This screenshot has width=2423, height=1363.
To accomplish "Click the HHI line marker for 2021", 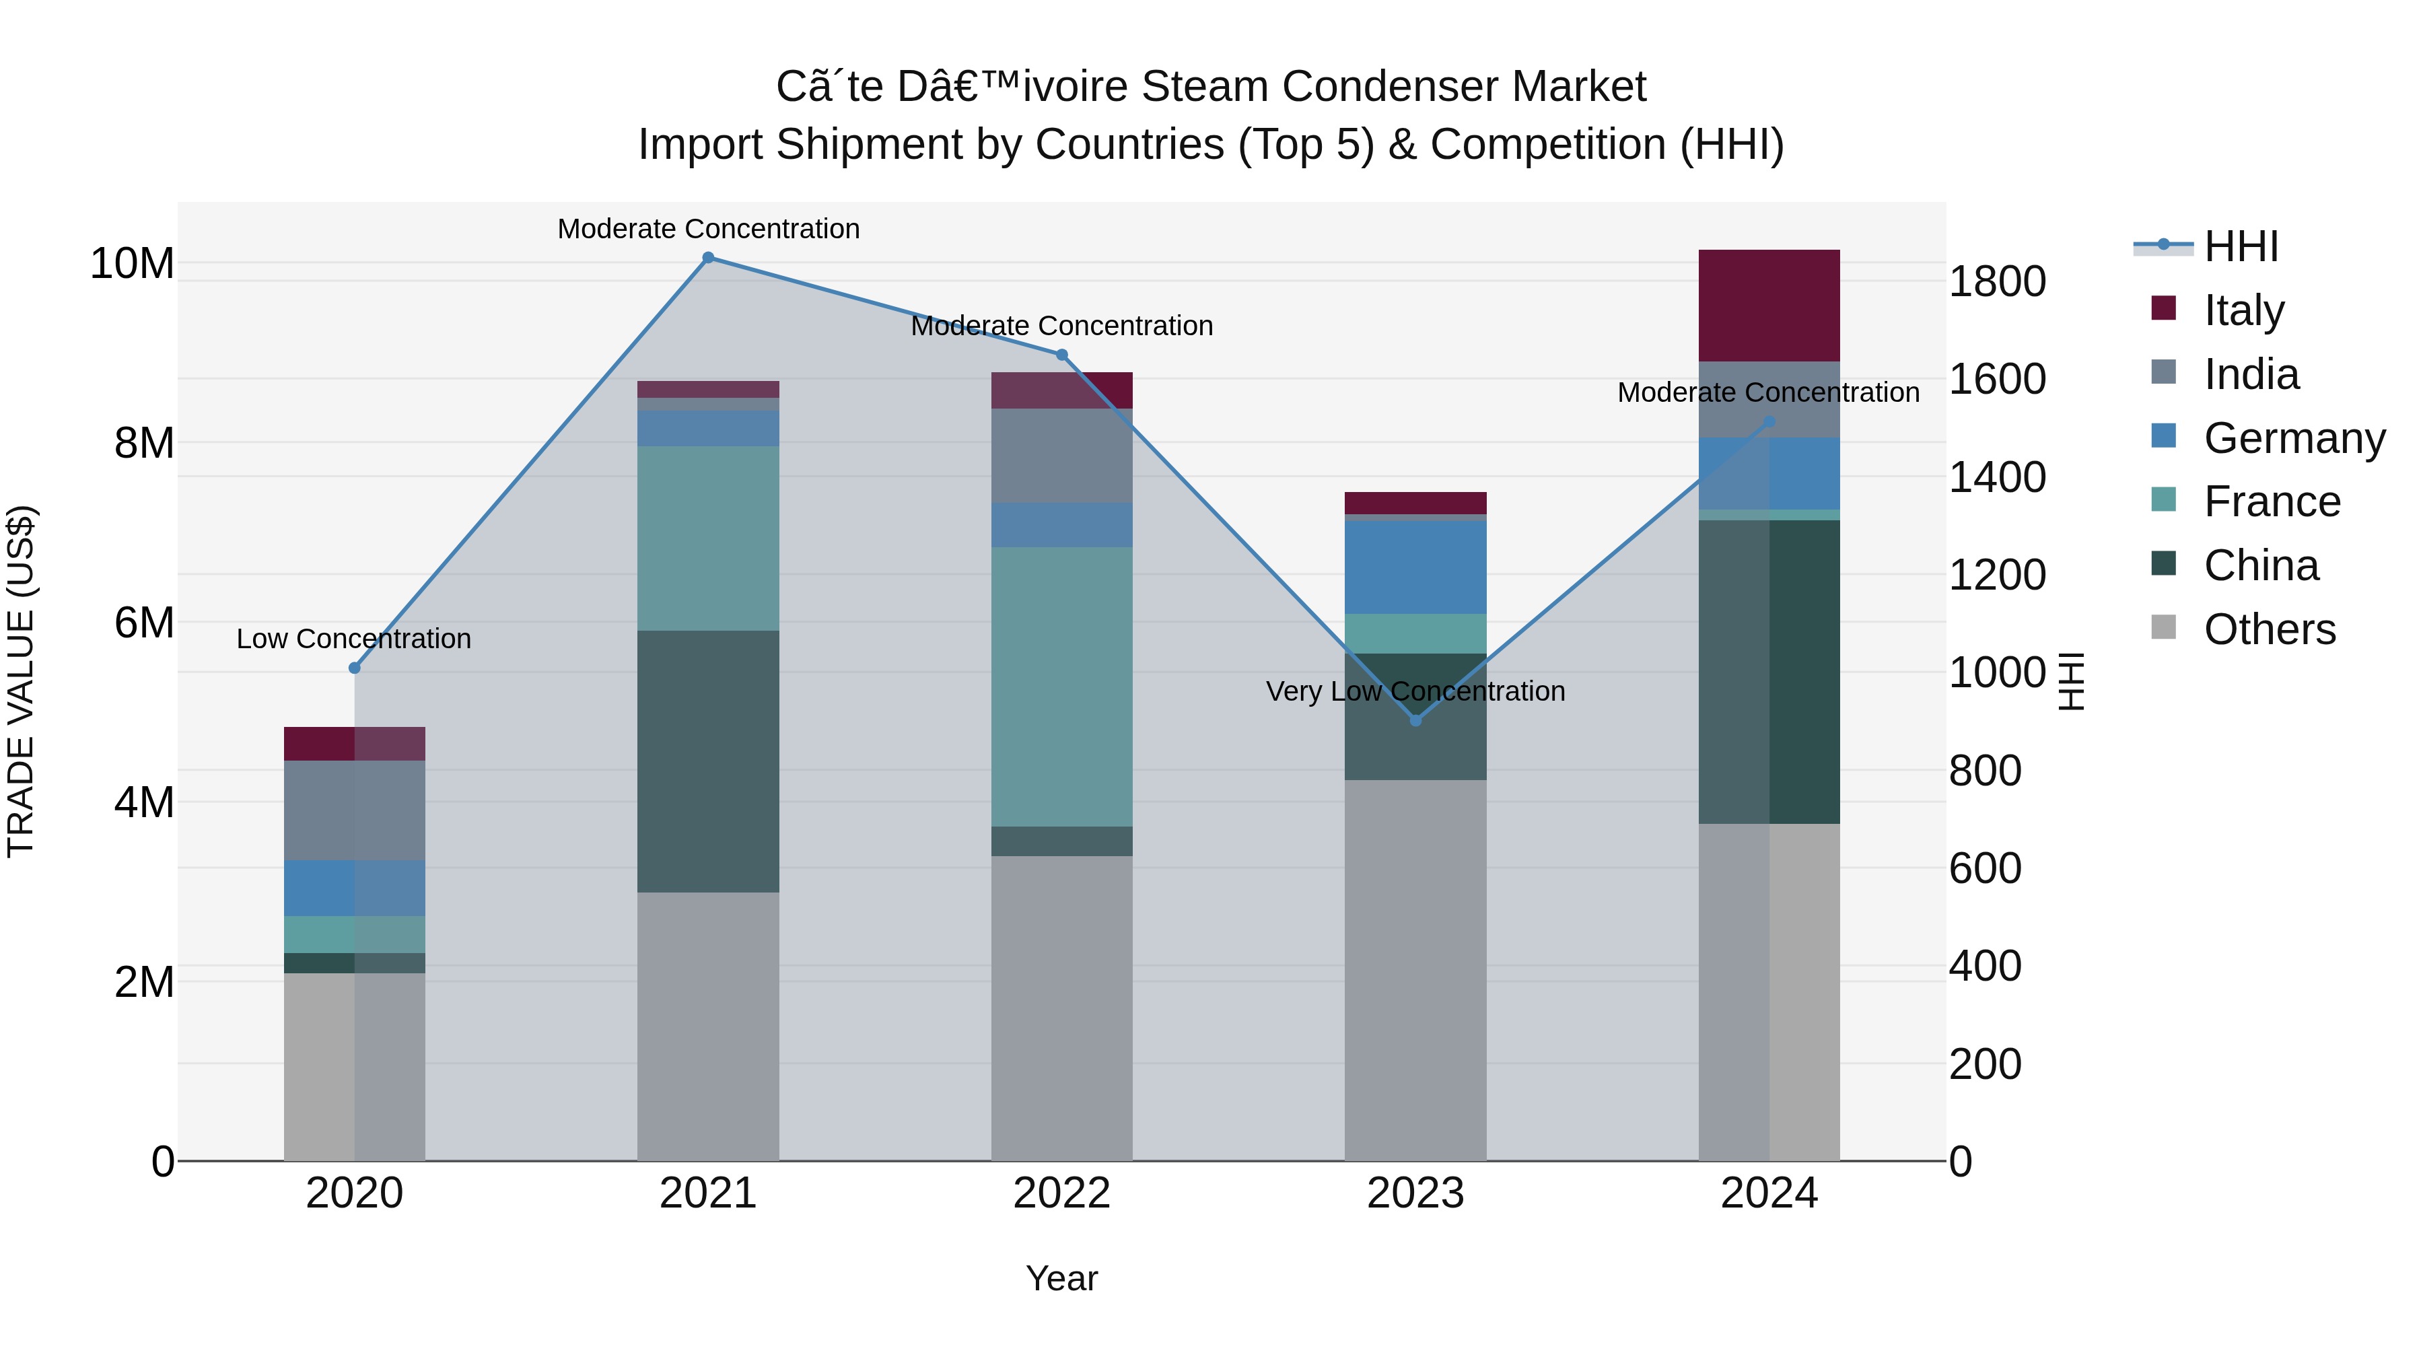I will [708, 258].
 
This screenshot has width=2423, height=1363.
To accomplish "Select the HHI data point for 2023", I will [1415, 720].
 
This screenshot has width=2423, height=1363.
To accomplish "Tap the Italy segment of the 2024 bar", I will [1768, 305].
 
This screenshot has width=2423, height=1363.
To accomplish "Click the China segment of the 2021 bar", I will [708, 761].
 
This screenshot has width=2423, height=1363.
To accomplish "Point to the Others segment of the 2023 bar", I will [1415, 969].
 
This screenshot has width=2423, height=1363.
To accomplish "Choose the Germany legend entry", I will [2293, 438].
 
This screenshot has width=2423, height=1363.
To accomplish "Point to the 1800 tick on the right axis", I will [1996, 281].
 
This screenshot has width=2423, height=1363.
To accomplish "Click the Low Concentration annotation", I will [353, 639].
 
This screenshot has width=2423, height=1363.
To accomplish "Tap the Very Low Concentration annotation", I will [1415, 691].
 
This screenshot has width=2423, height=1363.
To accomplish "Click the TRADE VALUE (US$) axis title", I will [21, 681].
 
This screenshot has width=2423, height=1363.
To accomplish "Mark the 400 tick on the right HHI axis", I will [1985, 966].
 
